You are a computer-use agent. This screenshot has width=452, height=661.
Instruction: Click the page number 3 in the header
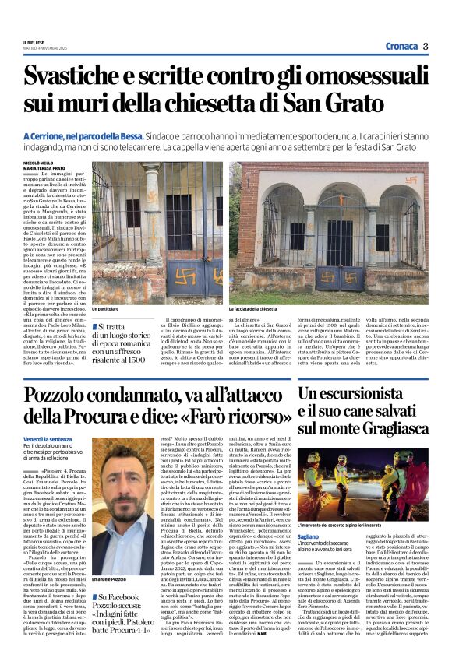426,45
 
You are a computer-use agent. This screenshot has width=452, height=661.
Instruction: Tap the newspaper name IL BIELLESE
34,43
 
